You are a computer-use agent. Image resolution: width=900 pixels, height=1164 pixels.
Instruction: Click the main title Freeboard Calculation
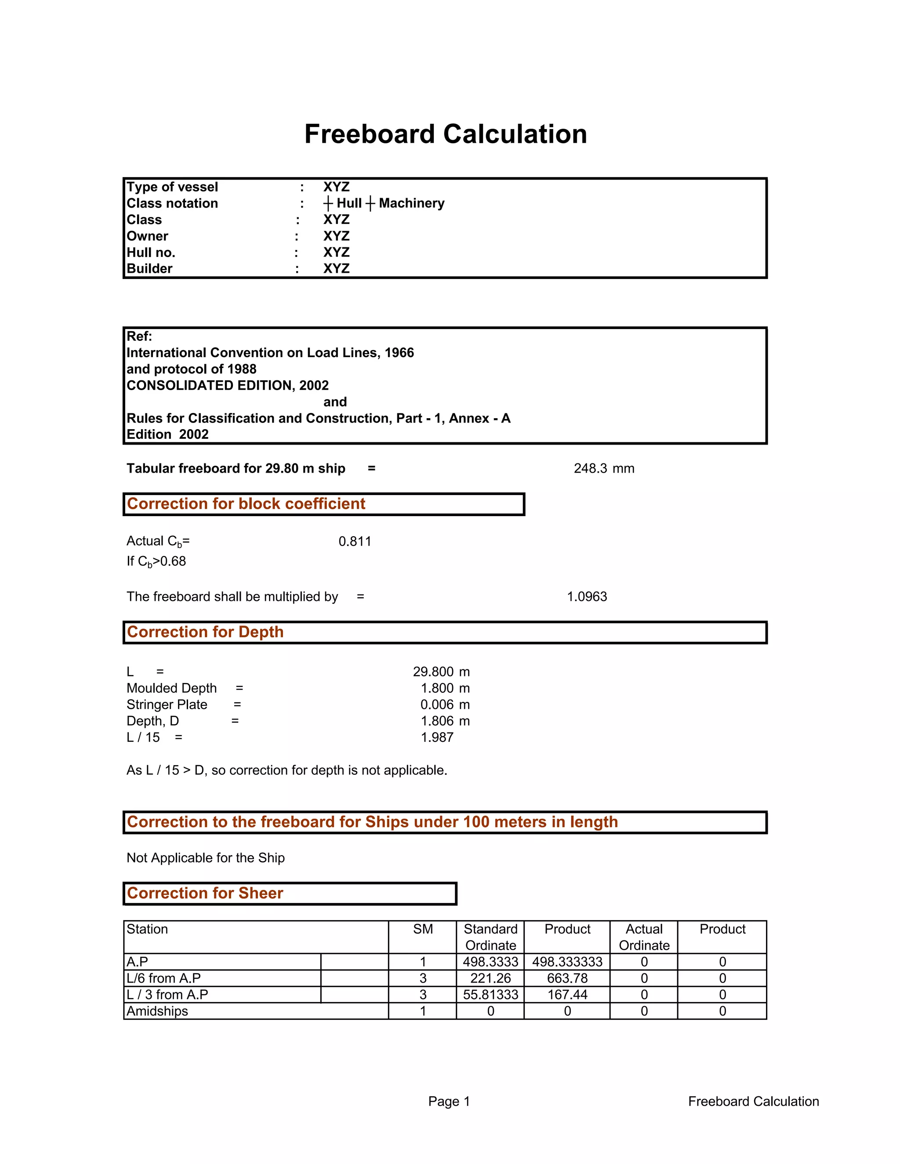click(445, 134)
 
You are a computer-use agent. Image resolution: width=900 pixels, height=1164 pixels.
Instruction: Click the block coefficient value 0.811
click(355, 542)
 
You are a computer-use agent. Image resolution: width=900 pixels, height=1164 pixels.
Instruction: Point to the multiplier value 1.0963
click(587, 596)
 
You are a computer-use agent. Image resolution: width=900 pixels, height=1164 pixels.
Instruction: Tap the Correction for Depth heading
click(205, 632)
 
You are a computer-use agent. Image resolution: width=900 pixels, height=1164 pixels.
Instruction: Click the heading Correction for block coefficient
click(246, 504)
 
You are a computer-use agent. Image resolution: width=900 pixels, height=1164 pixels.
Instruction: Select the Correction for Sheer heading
click(205, 893)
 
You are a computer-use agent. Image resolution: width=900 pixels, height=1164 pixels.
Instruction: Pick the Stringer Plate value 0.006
click(437, 705)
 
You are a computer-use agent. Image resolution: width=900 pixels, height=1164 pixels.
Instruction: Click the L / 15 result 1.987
click(437, 737)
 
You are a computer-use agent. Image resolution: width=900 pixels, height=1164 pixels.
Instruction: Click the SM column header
click(422, 929)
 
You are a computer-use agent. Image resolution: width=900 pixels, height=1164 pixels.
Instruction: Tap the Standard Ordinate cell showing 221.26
click(490, 979)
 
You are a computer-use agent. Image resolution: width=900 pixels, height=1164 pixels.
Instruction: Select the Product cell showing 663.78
click(567, 979)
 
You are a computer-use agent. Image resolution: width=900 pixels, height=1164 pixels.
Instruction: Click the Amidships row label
click(157, 1012)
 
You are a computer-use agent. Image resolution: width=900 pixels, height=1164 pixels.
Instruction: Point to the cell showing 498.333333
click(567, 962)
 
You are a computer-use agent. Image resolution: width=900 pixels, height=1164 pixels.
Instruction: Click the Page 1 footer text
click(449, 1102)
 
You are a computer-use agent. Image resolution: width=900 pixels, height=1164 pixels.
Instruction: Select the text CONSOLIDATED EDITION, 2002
click(228, 385)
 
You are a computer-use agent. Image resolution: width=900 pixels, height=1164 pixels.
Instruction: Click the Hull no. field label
click(151, 253)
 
